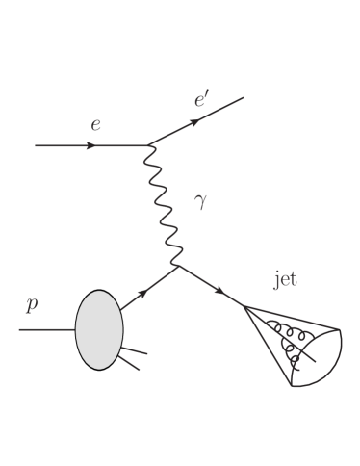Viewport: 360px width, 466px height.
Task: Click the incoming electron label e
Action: pyautogui.click(x=94, y=124)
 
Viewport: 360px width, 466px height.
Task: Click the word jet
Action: pyautogui.click(x=286, y=281)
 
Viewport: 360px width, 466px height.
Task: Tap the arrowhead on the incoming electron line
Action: pyautogui.click(x=91, y=146)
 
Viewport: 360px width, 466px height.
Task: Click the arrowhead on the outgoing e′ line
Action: pyautogui.click(x=197, y=120)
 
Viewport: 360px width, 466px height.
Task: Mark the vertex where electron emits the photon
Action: pyautogui.click(x=147, y=146)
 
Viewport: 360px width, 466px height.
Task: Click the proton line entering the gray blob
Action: pyautogui.click(x=48, y=330)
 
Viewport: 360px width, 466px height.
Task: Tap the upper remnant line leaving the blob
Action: pyautogui.click(x=135, y=352)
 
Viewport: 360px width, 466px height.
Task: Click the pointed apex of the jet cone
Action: pyautogui.click(x=244, y=306)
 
